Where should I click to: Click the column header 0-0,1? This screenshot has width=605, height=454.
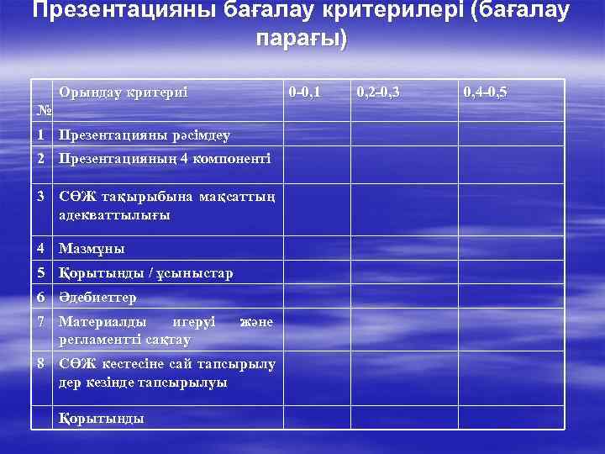303,91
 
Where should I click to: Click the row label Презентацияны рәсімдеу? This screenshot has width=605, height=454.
145,135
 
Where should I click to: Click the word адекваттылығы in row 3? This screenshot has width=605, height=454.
114,215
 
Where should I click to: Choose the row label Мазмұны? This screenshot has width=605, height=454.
92,249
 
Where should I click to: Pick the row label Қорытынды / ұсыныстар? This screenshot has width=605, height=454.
146,273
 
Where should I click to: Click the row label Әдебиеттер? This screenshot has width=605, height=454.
97,298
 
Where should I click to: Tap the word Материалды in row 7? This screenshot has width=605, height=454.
102,321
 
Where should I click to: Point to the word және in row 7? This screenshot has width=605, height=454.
256,321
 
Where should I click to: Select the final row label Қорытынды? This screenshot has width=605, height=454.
102,418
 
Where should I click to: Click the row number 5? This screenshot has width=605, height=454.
41,273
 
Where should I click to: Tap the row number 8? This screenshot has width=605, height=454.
41,363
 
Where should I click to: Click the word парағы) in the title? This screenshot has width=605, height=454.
302,40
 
